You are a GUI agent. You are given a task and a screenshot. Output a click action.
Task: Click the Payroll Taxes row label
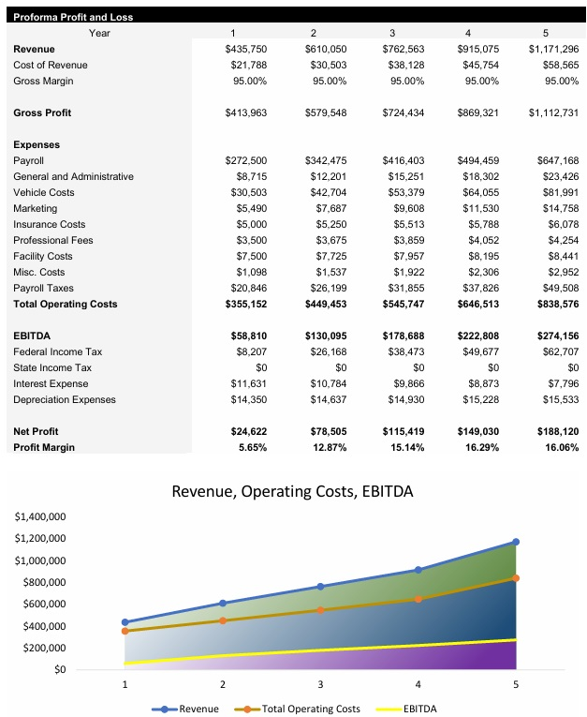click(43, 288)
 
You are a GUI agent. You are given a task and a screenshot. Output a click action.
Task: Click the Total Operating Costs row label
click(65, 304)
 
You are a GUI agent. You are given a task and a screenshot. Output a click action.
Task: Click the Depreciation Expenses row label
click(65, 399)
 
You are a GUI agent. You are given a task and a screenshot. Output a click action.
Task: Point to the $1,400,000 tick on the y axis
click(40, 516)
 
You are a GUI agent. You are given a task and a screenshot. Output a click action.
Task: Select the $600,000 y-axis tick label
click(43, 605)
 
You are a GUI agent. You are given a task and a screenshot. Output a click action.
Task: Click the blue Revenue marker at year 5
click(516, 542)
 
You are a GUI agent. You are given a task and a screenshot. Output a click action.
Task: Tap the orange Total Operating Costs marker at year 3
click(320, 610)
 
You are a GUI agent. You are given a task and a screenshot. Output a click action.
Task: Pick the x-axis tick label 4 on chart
click(418, 684)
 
